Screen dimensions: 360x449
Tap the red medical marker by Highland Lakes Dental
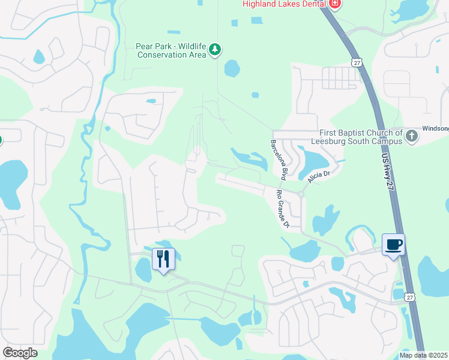coord(335,4)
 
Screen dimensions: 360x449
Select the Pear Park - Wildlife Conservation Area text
coord(171,50)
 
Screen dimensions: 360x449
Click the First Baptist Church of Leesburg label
coord(360,137)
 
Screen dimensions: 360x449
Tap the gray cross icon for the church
coord(412,136)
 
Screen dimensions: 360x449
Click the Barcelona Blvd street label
coord(277,161)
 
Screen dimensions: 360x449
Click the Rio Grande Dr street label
coord(282,209)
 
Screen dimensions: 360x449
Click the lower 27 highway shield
coord(409,296)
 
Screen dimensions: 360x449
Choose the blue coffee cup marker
coord(393,245)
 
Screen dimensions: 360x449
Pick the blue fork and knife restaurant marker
coord(163,259)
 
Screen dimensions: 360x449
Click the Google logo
coord(20,353)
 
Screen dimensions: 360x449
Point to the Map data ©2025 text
coord(423,355)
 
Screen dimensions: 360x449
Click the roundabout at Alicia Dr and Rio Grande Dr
coord(302,193)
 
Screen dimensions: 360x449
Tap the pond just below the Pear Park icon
coord(232,68)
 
